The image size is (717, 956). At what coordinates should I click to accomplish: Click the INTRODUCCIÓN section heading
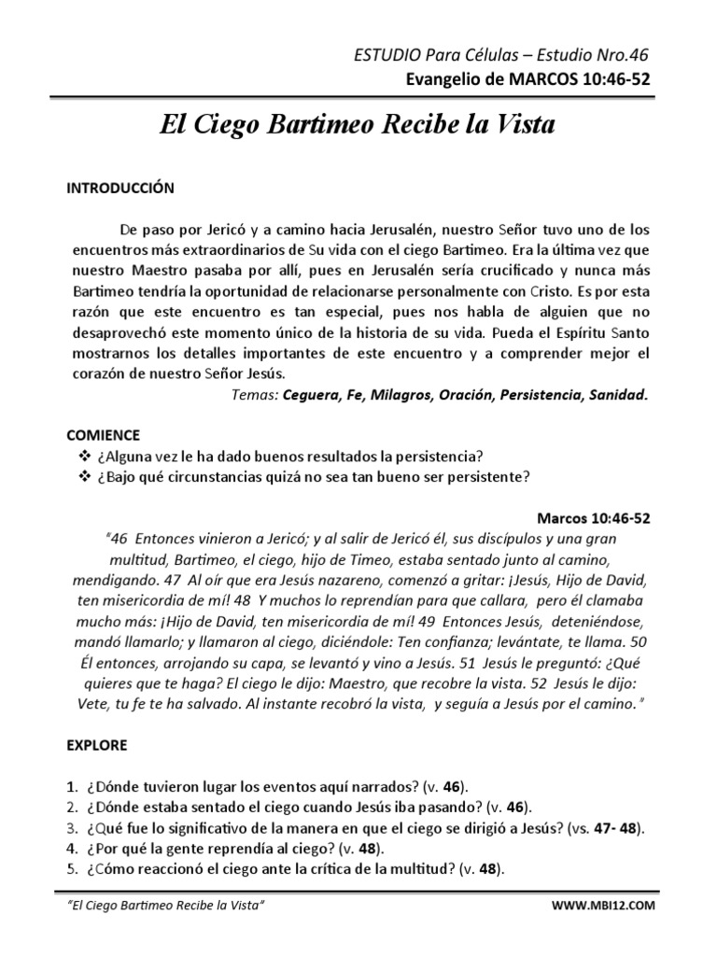(119, 188)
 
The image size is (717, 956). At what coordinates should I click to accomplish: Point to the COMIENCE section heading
(104, 435)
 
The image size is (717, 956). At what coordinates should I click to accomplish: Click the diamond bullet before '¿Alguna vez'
(77, 455)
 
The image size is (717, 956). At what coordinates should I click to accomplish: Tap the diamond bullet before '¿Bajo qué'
(77, 477)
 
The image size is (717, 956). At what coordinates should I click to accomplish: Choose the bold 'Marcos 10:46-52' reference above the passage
(594, 518)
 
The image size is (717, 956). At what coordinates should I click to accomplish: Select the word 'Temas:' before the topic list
(252, 395)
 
